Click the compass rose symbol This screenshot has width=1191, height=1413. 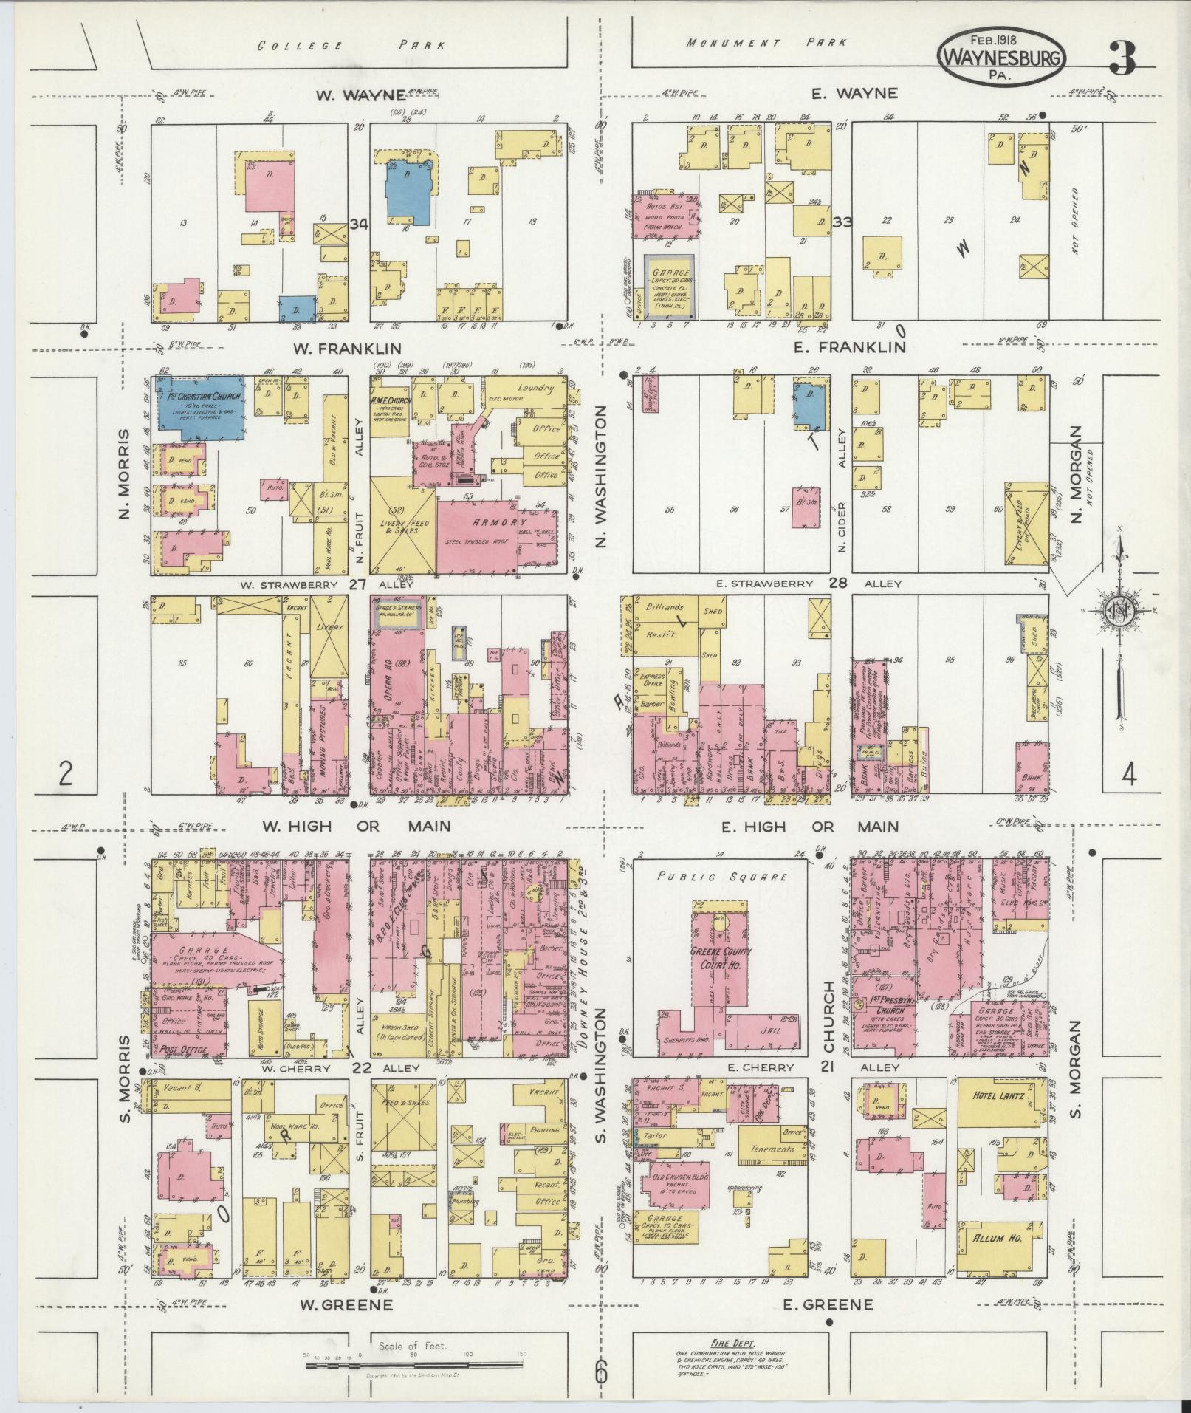tap(1120, 610)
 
